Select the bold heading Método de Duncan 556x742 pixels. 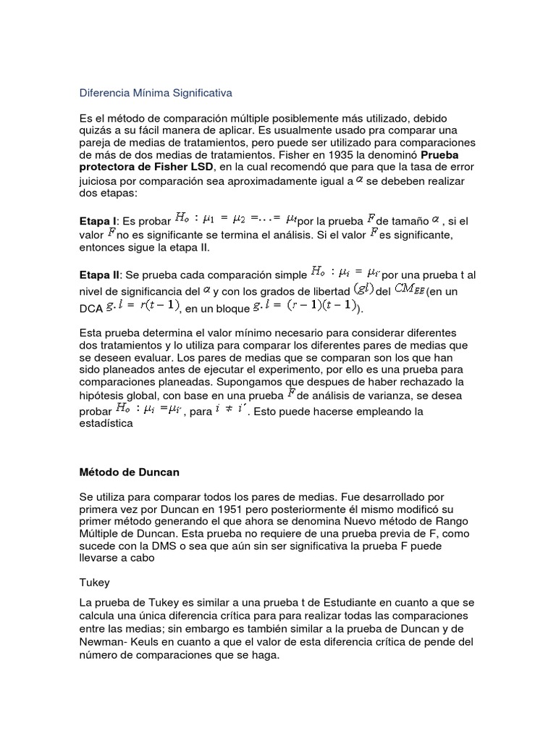pos(129,472)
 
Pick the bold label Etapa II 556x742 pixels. pos(98,276)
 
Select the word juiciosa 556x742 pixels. pos(97,181)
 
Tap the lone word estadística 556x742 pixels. pos(106,424)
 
